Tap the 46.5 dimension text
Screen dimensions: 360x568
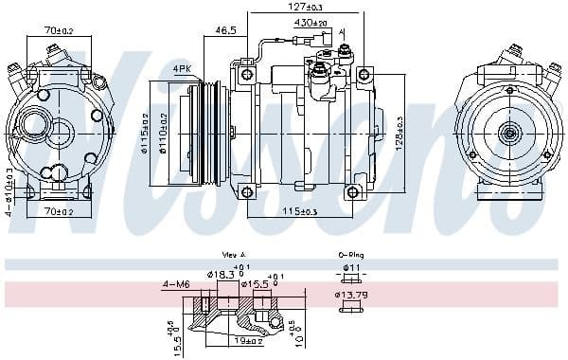click(x=225, y=30)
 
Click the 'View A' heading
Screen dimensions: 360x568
click(x=234, y=255)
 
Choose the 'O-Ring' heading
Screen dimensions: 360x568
click(x=348, y=255)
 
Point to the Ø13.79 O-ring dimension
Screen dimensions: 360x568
click(x=351, y=296)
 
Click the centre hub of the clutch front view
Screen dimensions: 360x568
click(x=509, y=134)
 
